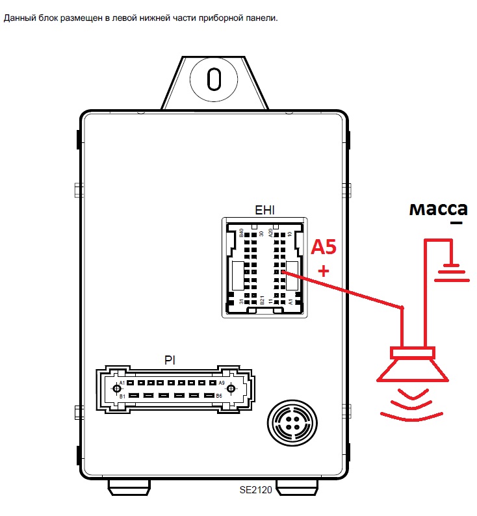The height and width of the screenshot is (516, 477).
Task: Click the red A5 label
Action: (x=325, y=248)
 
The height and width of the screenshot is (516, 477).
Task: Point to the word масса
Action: (x=438, y=209)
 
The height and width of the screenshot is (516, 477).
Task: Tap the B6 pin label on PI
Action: (x=219, y=396)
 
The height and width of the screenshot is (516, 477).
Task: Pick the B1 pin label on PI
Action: (x=122, y=396)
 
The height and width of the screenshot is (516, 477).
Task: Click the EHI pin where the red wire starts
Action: (x=284, y=272)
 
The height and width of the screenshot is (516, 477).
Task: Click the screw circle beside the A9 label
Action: (x=229, y=389)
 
